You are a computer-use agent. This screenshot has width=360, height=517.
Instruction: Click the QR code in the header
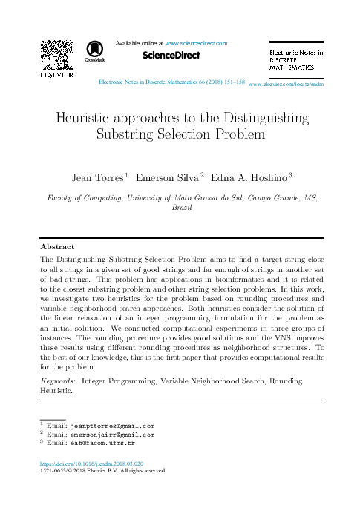coord(56,53)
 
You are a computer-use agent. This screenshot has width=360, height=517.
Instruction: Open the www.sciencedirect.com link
coord(196,44)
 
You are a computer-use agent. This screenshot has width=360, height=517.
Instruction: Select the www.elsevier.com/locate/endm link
coord(287,85)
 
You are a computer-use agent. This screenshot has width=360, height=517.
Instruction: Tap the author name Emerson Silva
coord(169,177)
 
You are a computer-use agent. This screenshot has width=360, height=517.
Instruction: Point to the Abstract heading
coord(57,246)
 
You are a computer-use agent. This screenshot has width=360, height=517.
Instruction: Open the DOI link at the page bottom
coord(91,463)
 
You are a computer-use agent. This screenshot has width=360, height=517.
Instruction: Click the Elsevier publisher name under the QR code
coord(56,75)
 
